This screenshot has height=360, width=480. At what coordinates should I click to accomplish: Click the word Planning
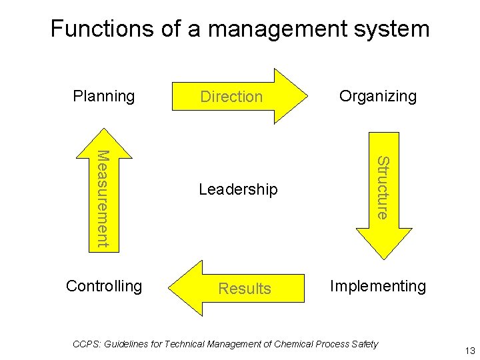103,97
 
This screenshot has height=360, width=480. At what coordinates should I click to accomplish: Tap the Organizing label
377,96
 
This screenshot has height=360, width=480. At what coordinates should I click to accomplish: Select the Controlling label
104,286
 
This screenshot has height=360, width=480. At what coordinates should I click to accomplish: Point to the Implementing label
377,286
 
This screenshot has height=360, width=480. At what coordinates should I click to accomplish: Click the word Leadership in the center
238,190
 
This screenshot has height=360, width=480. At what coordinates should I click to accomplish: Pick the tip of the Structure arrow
384,256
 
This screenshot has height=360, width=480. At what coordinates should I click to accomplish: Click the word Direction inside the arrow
231,97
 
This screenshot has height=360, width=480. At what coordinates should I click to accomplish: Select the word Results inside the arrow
245,289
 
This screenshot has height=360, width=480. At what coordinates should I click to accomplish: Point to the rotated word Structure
383,187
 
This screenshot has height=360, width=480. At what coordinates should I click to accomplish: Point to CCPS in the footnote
85,344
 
